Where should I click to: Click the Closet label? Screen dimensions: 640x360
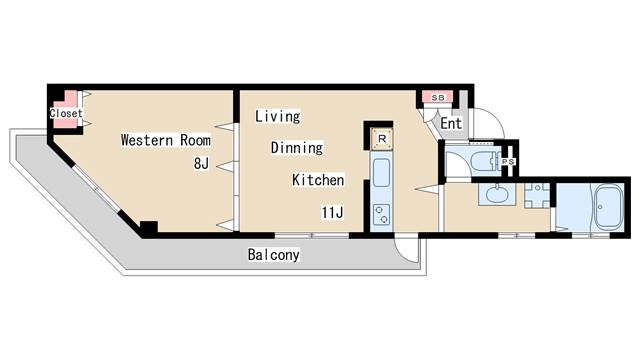point(66,113)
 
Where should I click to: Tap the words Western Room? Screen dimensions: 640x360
point(166,140)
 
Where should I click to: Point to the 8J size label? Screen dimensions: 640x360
point(201,164)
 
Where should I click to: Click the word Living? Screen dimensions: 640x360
point(278,116)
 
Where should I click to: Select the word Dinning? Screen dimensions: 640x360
point(297,147)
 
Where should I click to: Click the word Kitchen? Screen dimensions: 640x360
point(318,180)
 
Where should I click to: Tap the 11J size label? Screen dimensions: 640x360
point(332,212)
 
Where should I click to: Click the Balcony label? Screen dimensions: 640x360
point(273,255)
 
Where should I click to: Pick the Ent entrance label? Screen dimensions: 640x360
point(451,123)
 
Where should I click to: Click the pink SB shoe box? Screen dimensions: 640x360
point(438,98)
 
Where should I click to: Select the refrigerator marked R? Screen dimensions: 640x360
point(382,139)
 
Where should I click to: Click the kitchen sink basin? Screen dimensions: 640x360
point(382,173)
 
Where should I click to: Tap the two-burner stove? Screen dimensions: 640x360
point(382,215)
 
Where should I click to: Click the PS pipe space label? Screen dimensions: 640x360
point(508,162)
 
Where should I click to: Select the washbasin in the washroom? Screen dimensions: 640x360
point(498,194)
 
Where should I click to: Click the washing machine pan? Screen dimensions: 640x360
point(537,196)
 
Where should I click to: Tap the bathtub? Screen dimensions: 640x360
point(608,208)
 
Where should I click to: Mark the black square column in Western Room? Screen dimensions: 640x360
point(149,227)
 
